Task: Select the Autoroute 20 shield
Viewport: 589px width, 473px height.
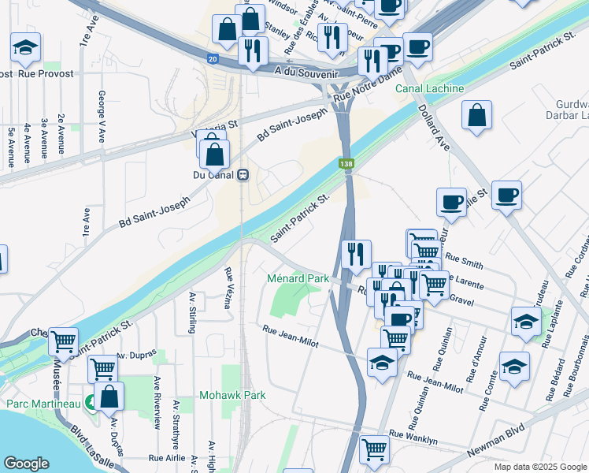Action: [x=213, y=58]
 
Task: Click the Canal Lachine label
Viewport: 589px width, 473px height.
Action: [x=429, y=88]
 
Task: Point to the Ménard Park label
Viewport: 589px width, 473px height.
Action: [x=298, y=278]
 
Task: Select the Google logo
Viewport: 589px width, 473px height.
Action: [x=26, y=464]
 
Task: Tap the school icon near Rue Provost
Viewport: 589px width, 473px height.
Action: [x=26, y=48]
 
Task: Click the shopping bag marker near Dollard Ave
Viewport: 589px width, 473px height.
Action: [x=477, y=115]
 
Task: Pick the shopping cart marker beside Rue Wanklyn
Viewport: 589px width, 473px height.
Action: [x=374, y=449]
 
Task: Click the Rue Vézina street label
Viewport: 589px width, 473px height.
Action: [x=228, y=288]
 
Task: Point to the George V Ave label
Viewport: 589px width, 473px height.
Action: [x=102, y=115]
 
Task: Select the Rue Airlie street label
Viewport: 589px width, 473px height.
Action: [x=167, y=457]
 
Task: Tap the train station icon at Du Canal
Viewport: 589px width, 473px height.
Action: [x=244, y=175]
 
